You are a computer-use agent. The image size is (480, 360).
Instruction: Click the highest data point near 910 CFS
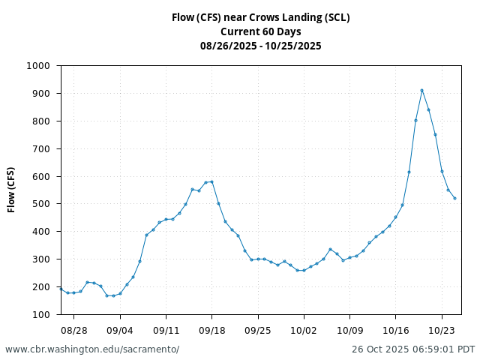click(422, 90)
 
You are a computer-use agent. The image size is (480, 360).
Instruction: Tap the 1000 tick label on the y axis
click(38, 66)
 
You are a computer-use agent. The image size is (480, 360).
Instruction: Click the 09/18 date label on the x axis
click(211, 330)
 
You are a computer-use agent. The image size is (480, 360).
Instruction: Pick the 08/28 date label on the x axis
click(73, 330)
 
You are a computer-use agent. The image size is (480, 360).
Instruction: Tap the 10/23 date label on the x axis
click(442, 330)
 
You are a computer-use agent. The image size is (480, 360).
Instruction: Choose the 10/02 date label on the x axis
click(304, 330)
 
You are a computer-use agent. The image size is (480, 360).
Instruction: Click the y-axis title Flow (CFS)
click(11, 190)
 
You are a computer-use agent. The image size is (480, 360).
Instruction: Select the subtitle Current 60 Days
click(260, 31)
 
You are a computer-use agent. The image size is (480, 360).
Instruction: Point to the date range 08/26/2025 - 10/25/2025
click(260, 46)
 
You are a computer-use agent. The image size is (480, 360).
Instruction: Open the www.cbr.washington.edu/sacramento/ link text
click(92, 349)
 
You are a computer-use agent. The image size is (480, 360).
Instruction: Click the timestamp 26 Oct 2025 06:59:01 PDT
click(413, 349)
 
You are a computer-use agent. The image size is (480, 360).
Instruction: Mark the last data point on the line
click(454, 198)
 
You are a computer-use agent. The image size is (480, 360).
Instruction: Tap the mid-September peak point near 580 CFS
click(211, 181)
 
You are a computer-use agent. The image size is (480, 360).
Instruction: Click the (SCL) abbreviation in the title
click(338, 17)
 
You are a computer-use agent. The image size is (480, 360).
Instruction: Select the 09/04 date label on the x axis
click(120, 330)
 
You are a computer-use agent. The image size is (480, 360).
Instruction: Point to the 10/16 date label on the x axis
click(396, 330)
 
